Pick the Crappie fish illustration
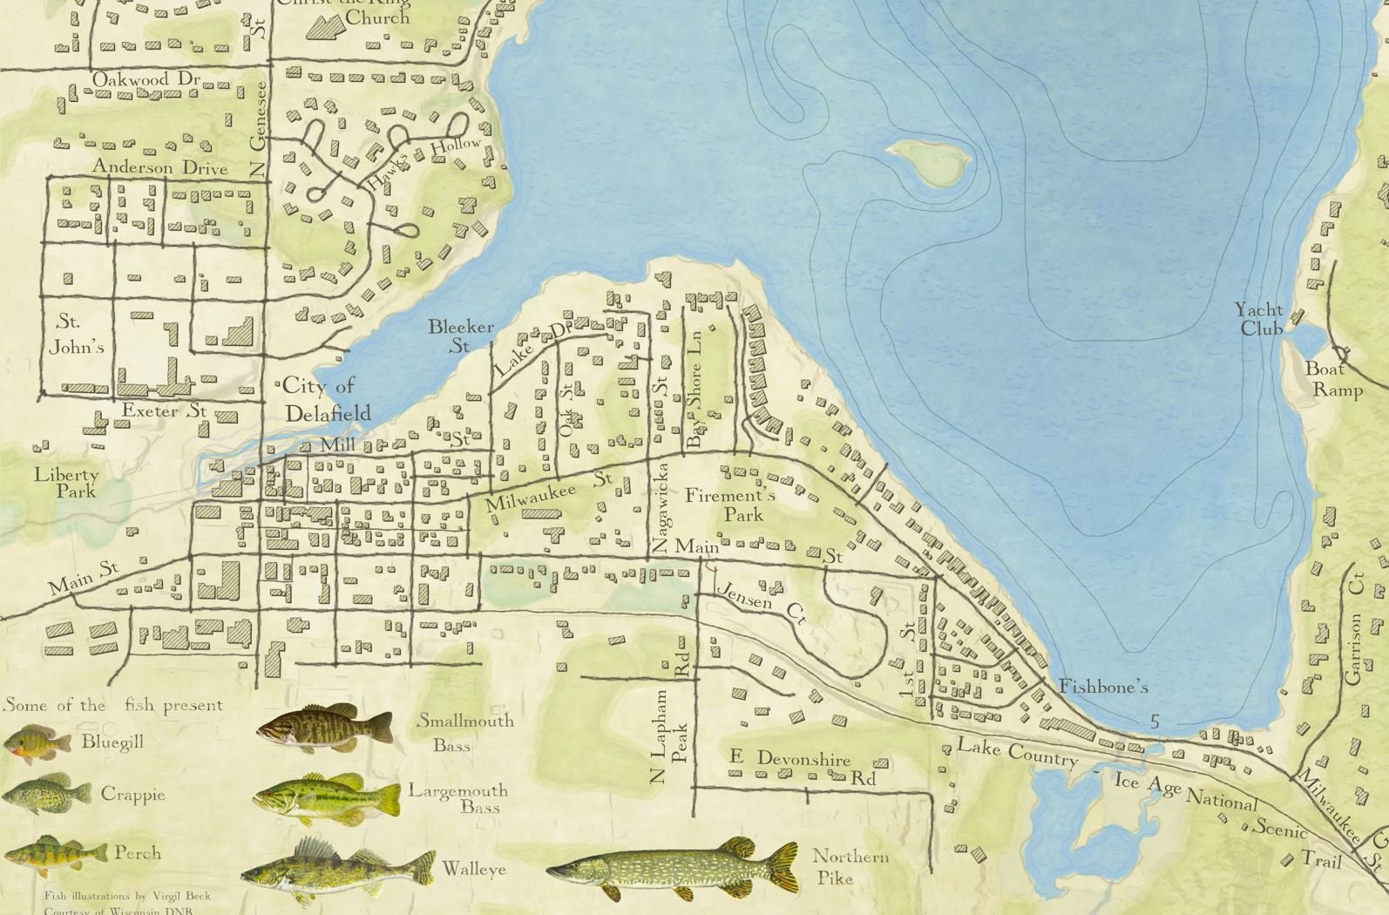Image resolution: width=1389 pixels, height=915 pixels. click(45, 793)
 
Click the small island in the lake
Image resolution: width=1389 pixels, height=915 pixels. click(929, 161)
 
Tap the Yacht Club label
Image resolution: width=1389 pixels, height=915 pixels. click(1259, 319)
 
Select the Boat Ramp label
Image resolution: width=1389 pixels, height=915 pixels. click(1331, 379)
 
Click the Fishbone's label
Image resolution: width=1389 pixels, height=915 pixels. click(1102, 688)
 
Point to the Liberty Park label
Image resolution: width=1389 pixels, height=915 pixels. click(66, 483)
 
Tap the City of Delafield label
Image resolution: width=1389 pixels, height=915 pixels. click(324, 399)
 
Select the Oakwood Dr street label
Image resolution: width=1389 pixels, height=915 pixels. click(146, 79)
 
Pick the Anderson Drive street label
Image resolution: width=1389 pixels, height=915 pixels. click(160, 167)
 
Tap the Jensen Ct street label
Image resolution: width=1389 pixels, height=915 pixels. click(760, 601)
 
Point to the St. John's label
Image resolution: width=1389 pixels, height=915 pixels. click(77, 334)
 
